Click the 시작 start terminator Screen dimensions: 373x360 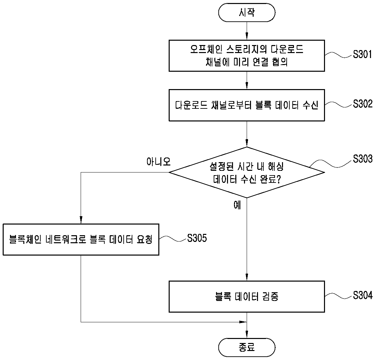(x=247, y=12)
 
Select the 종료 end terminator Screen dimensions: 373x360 (x=247, y=347)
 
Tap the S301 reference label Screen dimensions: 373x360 (x=362, y=54)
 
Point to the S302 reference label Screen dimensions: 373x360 (x=362, y=104)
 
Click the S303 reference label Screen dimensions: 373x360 (x=362, y=159)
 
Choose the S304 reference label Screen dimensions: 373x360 (x=362, y=295)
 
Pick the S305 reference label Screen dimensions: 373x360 (x=197, y=238)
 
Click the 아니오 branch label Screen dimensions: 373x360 (x=159, y=162)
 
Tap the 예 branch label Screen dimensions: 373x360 (x=237, y=205)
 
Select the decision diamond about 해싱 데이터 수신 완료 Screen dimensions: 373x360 (x=247, y=172)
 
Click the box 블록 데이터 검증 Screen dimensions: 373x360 (x=247, y=297)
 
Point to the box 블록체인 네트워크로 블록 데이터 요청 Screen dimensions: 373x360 (x=81, y=240)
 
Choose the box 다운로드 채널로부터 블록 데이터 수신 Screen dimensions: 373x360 (x=247, y=105)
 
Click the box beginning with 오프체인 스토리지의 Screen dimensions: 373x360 (x=247, y=56)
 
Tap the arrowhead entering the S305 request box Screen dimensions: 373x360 (x=81, y=220)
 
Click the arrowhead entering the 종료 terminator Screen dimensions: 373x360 (x=247, y=335)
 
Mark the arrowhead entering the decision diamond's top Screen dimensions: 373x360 (x=247, y=143)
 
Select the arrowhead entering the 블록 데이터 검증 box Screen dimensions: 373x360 (x=247, y=277)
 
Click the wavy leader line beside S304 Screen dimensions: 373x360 (x=339, y=295)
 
